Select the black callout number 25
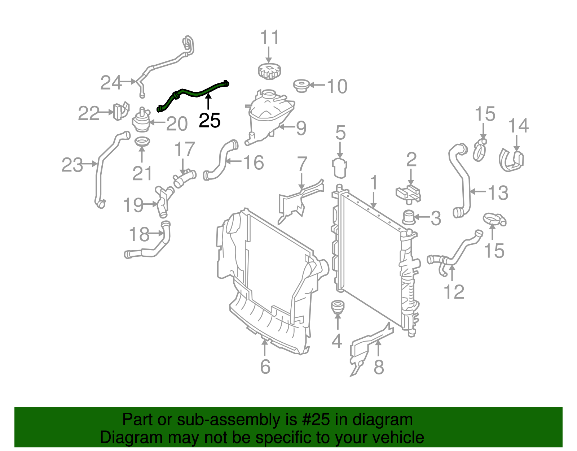(210, 121)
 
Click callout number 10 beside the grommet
(337, 86)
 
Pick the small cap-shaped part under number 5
(340, 168)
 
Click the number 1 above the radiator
(374, 182)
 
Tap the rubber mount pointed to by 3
(409, 217)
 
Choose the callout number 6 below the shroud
(265, 367)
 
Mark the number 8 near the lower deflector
(379, 367)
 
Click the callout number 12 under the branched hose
(454, 291)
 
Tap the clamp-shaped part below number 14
(511, 160)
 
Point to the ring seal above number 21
(142, 142)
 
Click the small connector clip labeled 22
(121, 111)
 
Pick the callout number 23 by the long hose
(72, 165)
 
